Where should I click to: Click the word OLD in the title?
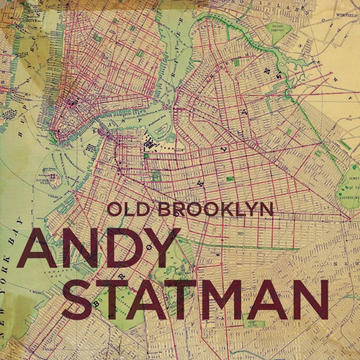click(x=124, y=210)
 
